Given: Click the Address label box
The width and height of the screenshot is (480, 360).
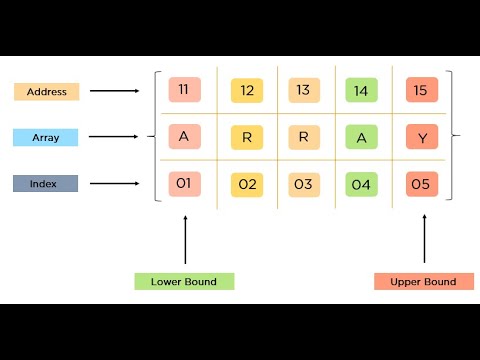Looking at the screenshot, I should pos(46,91).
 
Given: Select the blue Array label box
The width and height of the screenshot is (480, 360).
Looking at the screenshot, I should pos(46,136).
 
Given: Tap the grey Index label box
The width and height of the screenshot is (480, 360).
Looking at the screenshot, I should pos(46,183).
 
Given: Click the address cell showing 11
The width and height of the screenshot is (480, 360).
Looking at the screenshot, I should pos(184,91).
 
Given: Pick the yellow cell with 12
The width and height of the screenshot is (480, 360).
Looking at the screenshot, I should pos(246,91).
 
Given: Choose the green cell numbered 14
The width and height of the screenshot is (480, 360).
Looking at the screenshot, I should pos(361,91).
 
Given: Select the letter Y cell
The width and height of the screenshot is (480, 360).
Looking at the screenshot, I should pos(421,137).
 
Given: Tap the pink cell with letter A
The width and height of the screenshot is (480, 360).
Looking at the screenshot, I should pos(184,136).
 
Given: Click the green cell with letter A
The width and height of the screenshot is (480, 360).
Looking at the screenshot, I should pos(361,137).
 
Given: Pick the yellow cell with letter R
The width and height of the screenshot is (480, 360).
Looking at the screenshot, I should pos(246,137).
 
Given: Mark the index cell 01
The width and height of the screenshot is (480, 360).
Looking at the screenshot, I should pos(184,183).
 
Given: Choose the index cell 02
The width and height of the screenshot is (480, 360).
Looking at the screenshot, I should pos(246,184).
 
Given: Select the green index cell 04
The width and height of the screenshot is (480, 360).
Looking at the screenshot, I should pos(361,184).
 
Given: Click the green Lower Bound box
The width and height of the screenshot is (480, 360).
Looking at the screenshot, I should pos(184,281).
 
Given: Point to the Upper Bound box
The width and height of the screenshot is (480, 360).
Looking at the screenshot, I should pos(423,281).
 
